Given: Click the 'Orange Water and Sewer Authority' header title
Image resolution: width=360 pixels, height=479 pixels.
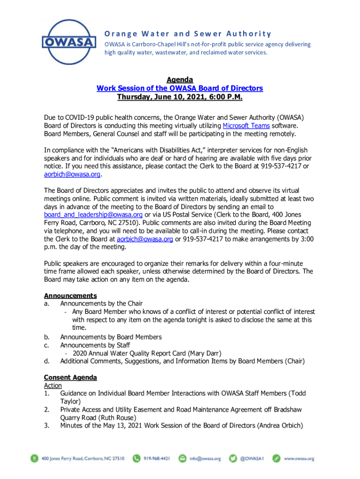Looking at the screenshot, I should coord(187,34).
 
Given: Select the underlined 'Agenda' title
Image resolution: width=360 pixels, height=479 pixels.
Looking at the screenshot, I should coord(180,80).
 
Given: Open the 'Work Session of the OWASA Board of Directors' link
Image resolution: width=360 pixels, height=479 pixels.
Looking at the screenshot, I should coord(180,88).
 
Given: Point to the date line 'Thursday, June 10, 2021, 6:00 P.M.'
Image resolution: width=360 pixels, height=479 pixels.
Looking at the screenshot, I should coord(180,97).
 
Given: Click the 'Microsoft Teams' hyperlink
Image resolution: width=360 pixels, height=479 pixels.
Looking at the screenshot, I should coord(246,126).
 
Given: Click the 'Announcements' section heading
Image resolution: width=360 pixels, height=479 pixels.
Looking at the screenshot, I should coord(70,296).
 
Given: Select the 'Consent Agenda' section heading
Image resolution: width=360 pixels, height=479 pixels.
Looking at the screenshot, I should coord(70,377).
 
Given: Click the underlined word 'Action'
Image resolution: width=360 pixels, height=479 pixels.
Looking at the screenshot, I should coord(53,385).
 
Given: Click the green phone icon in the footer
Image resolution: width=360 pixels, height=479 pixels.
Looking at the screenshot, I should coord(137,459).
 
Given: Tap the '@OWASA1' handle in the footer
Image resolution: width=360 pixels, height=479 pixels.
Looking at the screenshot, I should coord(252,459).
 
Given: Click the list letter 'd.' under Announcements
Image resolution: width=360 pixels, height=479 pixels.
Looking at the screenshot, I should coord(47,361).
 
